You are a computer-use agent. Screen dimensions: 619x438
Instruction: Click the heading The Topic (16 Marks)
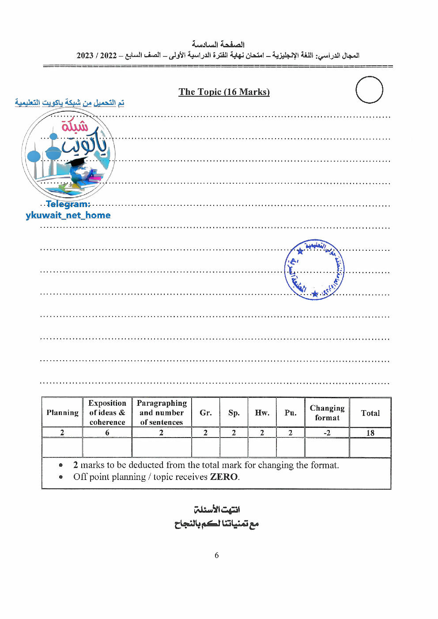point(224,92)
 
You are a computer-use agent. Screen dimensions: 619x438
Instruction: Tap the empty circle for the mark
point(369,90)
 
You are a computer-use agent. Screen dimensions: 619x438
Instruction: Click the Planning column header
point(62,412)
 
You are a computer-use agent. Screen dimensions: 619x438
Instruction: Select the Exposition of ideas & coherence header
point(107,412)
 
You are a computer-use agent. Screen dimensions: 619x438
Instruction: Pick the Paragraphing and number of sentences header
point(162,412)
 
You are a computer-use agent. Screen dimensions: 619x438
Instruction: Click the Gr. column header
point(205,412)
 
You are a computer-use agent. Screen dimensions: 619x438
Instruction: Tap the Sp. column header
point(234,413)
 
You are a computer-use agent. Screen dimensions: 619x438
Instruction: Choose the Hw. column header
point(262,412)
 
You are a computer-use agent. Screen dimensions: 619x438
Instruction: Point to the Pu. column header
point(290,412)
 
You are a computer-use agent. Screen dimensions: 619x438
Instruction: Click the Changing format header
point(327,412)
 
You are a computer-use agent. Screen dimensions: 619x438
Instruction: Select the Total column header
point(370,413)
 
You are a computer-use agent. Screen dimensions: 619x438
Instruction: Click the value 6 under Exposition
point(107,433)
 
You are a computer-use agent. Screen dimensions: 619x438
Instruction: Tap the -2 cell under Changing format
point(327,433)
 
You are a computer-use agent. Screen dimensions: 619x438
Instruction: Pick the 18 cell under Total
point(370,433)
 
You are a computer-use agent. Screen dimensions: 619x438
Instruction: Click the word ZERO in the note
point(224,477)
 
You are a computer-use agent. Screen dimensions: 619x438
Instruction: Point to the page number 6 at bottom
point(216,555)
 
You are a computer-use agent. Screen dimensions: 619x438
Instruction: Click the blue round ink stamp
point(314,270)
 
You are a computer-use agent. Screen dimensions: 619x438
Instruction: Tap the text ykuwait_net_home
point(68,215)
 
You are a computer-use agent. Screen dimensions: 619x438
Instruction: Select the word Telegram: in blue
point(68,204)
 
